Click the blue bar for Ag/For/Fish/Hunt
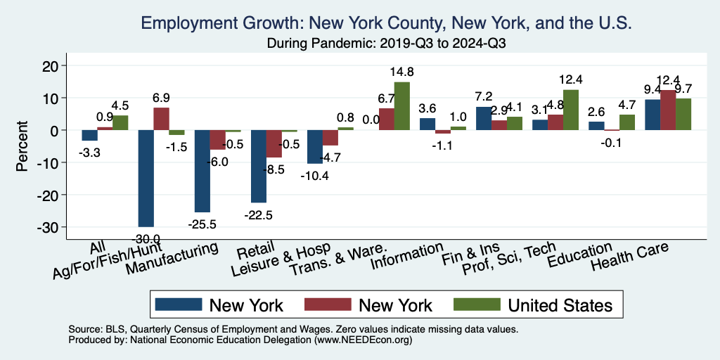146,178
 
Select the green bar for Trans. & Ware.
402,106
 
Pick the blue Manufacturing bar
202,171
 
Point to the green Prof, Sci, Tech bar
571,110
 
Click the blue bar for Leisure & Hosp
315,147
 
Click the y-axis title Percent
23,146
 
